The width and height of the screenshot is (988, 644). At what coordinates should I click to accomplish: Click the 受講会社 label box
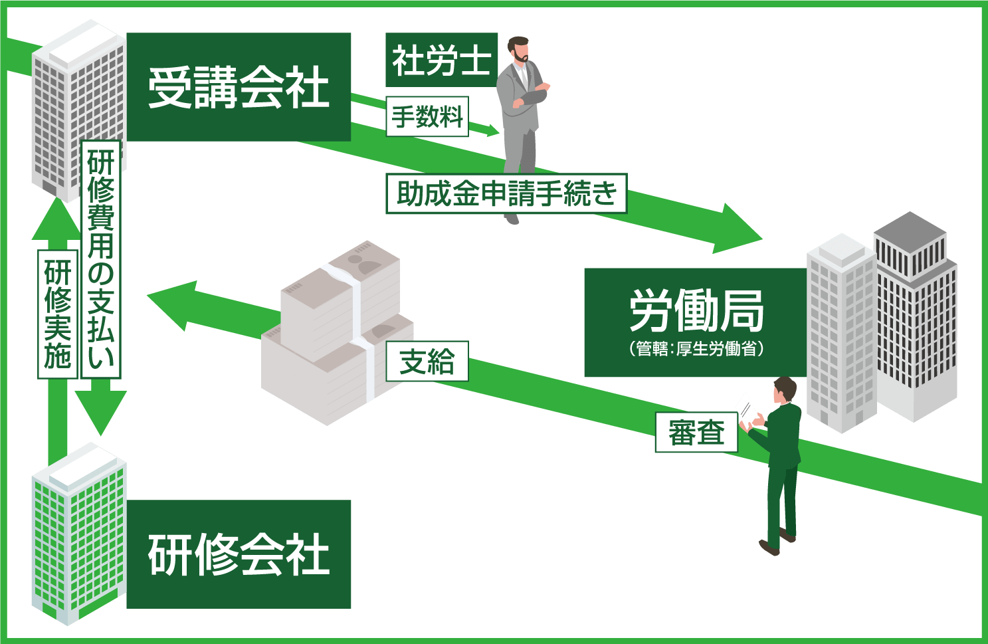239,87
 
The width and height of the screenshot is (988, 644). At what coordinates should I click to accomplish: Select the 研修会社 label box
239,554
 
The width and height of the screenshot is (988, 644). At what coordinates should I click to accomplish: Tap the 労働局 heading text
696,311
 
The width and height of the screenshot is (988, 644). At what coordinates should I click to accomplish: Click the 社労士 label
441,60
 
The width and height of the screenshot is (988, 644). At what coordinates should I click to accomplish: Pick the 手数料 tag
427,117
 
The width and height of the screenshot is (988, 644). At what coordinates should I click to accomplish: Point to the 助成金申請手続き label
506,194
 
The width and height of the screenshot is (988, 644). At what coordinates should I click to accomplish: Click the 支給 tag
427,362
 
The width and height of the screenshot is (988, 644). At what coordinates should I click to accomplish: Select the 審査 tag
696,433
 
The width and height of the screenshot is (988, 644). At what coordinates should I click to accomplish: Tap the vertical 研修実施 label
58,314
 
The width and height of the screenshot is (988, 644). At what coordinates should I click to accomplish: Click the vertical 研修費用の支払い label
101,259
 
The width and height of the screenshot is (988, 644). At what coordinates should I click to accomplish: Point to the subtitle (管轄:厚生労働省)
696,349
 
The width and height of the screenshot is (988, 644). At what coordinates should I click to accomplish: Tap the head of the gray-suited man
518,50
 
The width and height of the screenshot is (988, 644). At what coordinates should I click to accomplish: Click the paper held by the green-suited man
746,409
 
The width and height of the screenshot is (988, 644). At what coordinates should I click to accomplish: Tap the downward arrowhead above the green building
100,412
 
